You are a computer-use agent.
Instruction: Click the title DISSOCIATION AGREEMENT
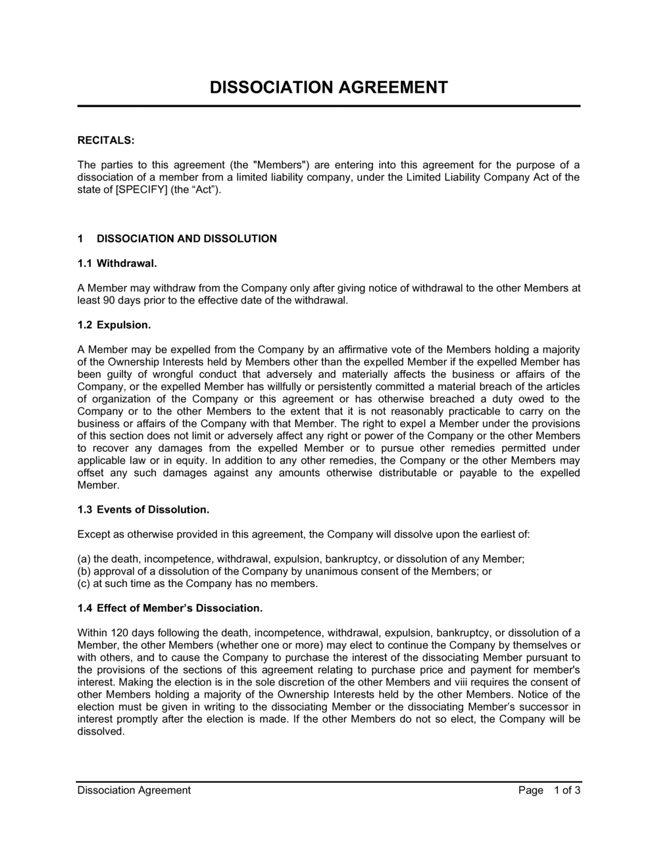point(328,87)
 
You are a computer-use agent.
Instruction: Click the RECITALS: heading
point(105,140)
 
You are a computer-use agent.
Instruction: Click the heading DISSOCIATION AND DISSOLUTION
point(186,239)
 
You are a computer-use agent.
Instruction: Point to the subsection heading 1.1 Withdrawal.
point(117,264)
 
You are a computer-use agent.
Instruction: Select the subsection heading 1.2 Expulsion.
point(114,325)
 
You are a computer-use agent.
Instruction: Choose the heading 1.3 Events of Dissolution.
point(143,509)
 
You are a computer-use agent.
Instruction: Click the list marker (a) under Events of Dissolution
point(84,559)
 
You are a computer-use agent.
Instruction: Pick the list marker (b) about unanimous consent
point(84,571)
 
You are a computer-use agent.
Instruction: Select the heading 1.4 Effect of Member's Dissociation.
point(170,608)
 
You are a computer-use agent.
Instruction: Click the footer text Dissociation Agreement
point(134,790)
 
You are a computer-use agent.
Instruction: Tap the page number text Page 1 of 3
point(549,790)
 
